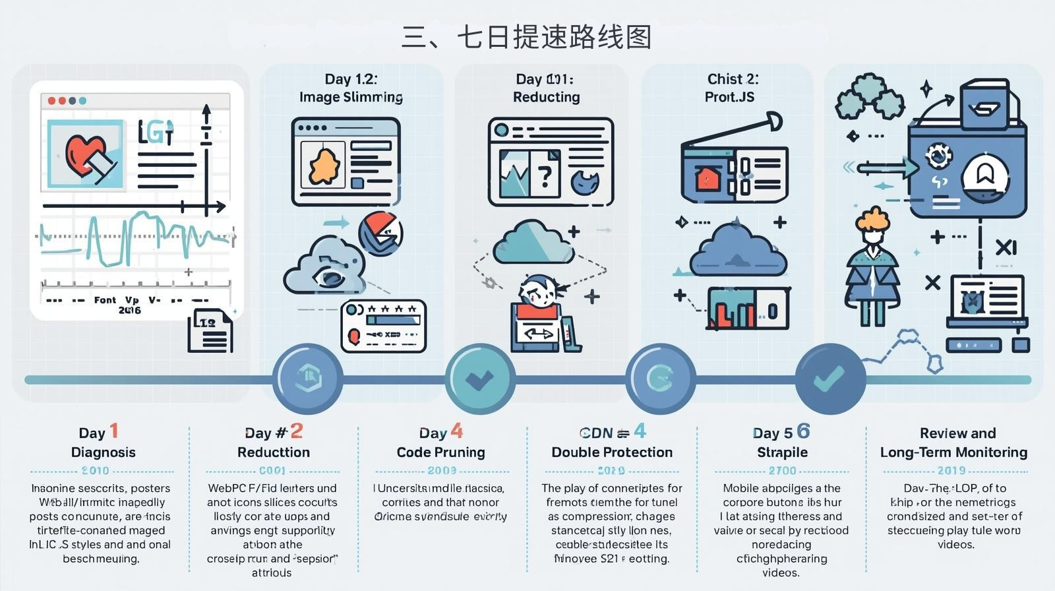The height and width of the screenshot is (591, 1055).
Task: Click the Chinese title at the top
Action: click(527, 37)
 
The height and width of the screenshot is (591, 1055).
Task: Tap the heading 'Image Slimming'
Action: click(351, 97)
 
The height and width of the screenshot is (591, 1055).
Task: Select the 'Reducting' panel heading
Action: click(546, 97)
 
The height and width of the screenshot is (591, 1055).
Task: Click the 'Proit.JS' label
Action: click(729, 97)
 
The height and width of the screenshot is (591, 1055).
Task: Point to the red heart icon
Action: click(84, 154)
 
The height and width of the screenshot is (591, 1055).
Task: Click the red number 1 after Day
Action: click(114, 431)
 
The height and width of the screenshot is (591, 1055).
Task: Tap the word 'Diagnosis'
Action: click(104, 452)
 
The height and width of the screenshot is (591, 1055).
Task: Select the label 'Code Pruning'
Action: click(440, 452)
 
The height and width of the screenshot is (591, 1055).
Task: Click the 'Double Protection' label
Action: click(612, 452)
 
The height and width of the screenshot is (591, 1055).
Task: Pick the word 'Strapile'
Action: click(782, 452)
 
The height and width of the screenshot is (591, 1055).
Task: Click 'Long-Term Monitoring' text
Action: click(953, 452)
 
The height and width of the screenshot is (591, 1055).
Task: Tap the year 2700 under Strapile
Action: click(783, 471)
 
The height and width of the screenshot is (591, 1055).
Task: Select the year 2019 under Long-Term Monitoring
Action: click(951, 471)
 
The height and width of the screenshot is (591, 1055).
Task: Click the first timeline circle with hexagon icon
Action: click(307, 379)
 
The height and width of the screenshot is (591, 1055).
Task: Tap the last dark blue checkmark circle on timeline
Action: click(829, 379)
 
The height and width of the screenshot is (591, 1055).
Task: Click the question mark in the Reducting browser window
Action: click(545, 177)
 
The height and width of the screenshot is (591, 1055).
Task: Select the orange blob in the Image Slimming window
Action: click(324, 166)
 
